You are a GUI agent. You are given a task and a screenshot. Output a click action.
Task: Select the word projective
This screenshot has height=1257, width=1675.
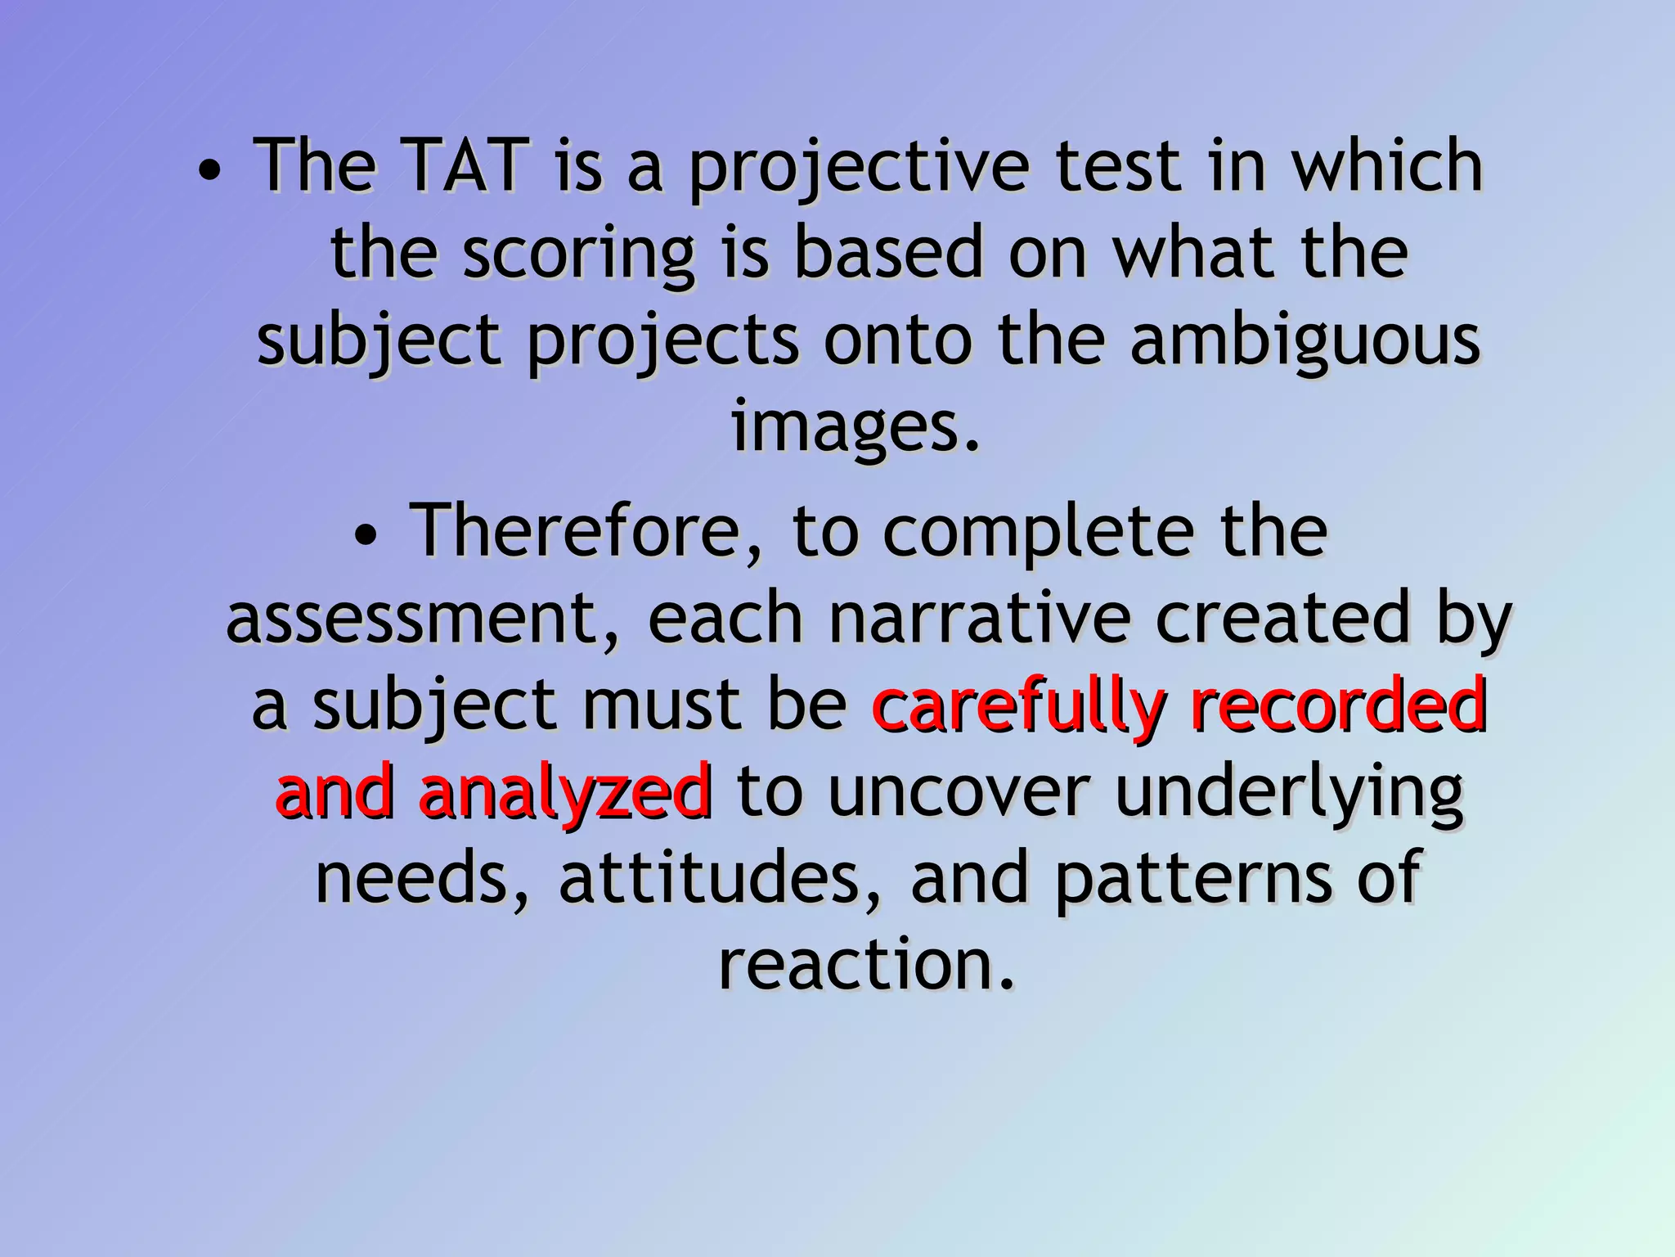pyautogui.click(x=859, y=170)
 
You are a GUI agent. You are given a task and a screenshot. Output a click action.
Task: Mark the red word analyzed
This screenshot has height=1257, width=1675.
pyautogui.click(x=565, y=794)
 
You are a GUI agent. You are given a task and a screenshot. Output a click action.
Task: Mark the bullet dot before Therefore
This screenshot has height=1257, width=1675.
pyautogui.click(x=367, y=538)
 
